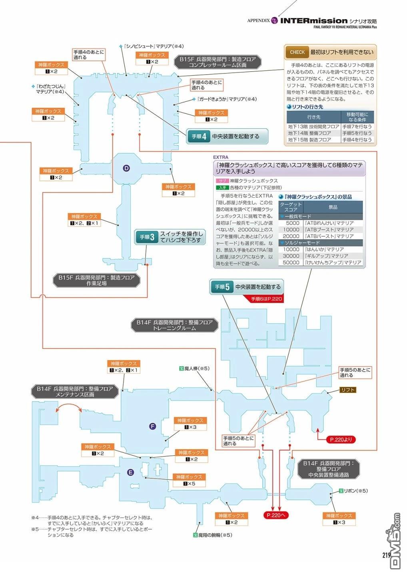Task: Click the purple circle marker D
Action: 126,169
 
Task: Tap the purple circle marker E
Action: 130,473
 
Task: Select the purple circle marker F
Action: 153,426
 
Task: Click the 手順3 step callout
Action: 170,237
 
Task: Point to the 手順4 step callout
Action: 227,136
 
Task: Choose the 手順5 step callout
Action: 247,287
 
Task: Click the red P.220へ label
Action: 276,515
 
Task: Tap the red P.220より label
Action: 341,440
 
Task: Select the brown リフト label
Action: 348,390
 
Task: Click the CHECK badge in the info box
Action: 297,52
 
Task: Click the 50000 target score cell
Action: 291,262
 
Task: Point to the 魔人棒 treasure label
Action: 195,369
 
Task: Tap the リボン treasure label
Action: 353,491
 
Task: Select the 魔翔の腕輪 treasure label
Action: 212,535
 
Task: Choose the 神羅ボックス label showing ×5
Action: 189,480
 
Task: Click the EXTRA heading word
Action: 221,157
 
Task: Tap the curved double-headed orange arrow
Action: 69,405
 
